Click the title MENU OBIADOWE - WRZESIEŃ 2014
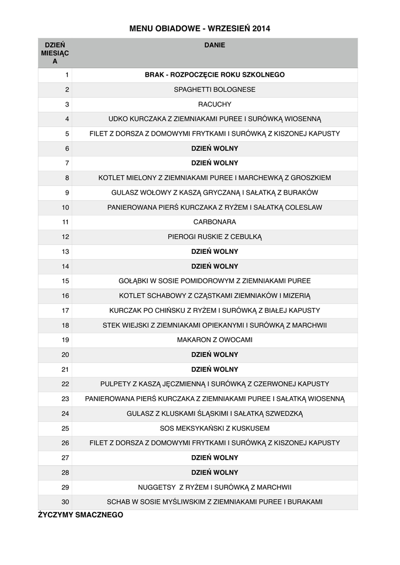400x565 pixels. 200,28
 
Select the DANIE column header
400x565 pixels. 215,45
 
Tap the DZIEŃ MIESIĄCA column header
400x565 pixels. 55,53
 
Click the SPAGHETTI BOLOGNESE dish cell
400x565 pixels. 215,89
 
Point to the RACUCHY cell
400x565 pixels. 215,104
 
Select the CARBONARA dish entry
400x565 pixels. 215,222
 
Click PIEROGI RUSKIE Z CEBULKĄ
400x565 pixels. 215,237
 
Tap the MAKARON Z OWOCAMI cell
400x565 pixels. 215,340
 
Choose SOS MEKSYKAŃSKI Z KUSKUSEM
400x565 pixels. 215,428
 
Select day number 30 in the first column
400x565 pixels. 65,502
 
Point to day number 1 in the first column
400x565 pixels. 67,74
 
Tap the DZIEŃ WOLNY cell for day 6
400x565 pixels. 215,148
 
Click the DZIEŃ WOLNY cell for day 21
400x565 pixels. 215,369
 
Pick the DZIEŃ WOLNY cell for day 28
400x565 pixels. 215,472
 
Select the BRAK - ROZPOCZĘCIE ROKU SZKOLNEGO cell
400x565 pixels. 215,74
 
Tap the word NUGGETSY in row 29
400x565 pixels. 156,487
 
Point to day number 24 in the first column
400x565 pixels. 65,413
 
